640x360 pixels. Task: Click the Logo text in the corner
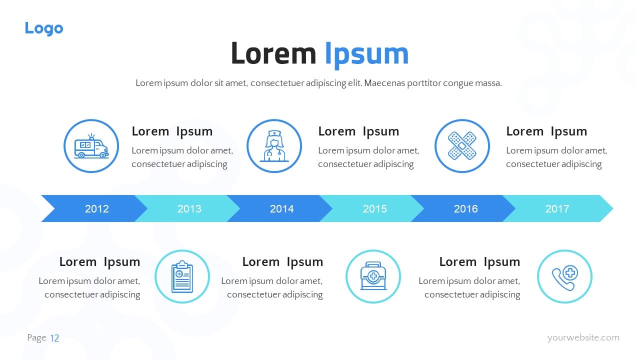click(44, 28)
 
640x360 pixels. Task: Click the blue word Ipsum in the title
click(367, 54)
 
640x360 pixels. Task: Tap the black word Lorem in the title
click(273, 53)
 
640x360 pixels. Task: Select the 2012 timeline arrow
click(94, 208)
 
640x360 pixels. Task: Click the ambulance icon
click(91, 146)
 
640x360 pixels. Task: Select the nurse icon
click(274, 146)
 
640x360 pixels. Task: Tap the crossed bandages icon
click(462, 145)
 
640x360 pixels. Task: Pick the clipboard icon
click(182, 276)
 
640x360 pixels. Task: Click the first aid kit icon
click(373, 276)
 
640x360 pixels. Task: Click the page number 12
click(54, 338)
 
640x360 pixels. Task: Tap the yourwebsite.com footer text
click(583, 337)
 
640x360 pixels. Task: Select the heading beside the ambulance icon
click(172, 131)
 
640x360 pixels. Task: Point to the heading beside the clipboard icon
click(99, 262)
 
